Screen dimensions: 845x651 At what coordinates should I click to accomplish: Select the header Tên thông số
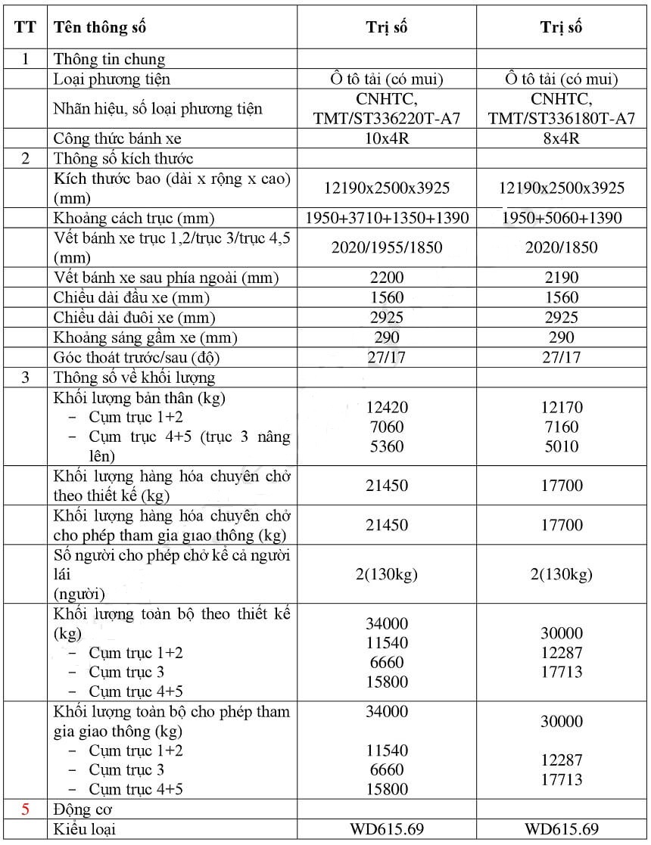point(99,27)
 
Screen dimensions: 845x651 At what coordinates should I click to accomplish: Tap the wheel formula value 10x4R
point(386,138)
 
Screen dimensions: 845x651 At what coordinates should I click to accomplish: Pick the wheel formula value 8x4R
point(561,138)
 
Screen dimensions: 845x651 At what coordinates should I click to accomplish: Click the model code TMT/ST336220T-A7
point(386,119)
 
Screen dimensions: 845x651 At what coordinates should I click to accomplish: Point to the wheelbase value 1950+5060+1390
point(561,218)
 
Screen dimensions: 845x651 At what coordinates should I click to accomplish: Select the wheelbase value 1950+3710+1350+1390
point(386,218)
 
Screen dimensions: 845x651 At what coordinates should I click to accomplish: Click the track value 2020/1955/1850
point(386,247)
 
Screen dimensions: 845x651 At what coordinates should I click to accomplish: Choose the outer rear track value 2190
point(561,278)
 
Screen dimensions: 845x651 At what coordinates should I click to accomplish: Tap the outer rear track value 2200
point(386,278)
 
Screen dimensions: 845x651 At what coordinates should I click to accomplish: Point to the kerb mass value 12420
point(386,407)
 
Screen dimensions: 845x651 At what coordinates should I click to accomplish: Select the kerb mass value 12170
point(561,407)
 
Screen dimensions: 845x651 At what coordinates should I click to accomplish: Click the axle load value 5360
point(386,446)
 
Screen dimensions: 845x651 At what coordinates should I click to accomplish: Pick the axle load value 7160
point(561,427)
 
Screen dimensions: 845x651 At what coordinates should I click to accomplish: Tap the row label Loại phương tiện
point(112,79)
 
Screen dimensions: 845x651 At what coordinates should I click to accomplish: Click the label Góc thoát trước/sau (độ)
point(136,357)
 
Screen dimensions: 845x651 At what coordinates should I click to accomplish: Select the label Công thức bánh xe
point(117,138)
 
